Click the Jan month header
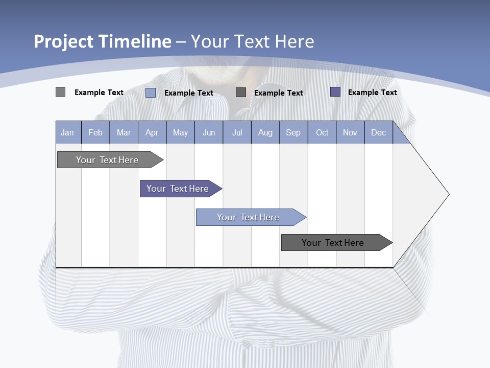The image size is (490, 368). pyautogui.click(x=67, y=132)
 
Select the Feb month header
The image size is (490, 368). pyautogui.click(x=95, y=132)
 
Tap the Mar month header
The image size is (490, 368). pyautogui.click(x=124, y=132)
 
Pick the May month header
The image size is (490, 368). pyautogui.click(x=180, y=132)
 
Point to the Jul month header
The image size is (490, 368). pyautogui.click(x=237, y=132)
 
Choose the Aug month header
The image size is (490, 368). pyautogui.click(x=265, y=132)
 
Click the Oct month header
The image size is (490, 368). pyautogui.click(x=322, y=132)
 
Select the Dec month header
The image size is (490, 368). pyautogui.click(x=378, y=132)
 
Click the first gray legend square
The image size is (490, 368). pyautogui.click(x=60, y=92)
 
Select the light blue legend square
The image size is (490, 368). pyautogui.click(x=151, y=93)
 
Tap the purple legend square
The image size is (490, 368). pyautogui.click(x=335, y=92)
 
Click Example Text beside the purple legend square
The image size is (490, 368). pyautogui.click(x=372, y=93)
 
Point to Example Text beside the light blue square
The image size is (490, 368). pyautogui.click(x=188, y=93)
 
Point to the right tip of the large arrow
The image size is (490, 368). pyautogui.click(x=448, y=194)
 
